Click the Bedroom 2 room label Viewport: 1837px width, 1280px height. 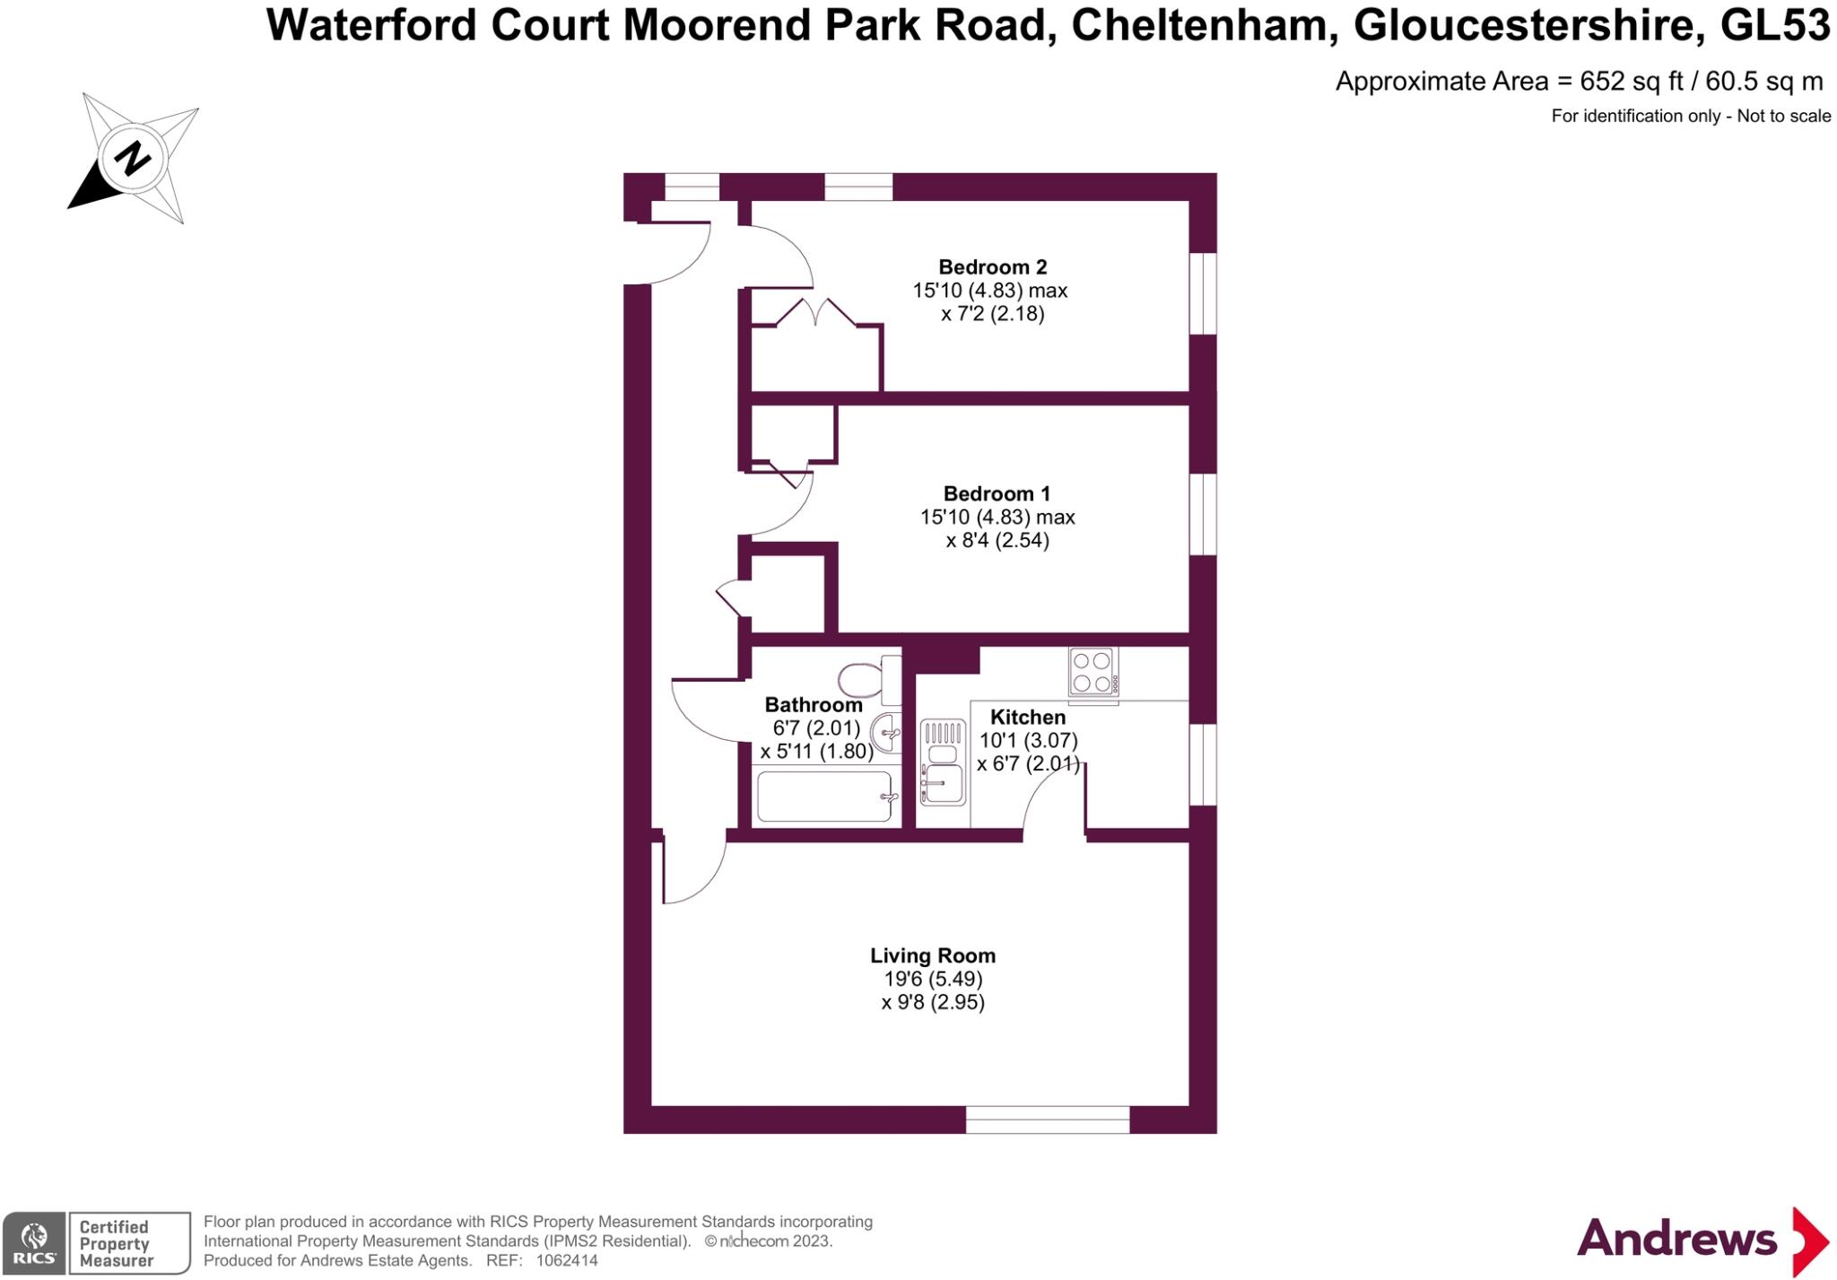pyautogui.click(x=992, y=267)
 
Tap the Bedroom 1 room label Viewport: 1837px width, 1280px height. pyautogui.click(x=997, y=494)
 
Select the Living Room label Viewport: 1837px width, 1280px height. pyautogui.click(x=933, y=956)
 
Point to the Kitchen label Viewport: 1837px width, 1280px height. pyautogui.click(x=1028, y=718)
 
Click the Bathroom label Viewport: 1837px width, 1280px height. pyautogui.click(x=814, y=705)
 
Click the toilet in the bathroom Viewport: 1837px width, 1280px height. pyautogui.click(x=865, y=680)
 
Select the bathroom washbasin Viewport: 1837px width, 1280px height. pyautogui.click(x=886, y=734)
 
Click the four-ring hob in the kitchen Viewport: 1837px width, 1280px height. pyautogui.click(x=1093, y=672)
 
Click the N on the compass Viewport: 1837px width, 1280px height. pyautogui.click(x=134, y=159)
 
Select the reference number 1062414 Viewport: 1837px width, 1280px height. pyautogui.click(x=567, y=1260)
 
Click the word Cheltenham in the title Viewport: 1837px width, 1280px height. pyautogui.click(x=1199, y=25)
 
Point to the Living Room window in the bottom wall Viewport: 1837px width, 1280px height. pyautogui.click(x=1047, y=1119)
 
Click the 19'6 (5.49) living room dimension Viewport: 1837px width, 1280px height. pyautogui.click(x=933, y=980)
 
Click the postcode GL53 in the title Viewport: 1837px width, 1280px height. pyautogui.click(x=1774, y=25)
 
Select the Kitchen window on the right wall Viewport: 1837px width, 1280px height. pyautogui.click(x=1203, y=764)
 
